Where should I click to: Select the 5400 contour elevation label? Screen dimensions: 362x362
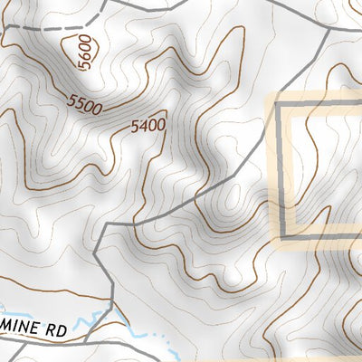click(x=148, y=127)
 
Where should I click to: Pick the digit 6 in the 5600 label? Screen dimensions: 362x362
click(x=84, y=61)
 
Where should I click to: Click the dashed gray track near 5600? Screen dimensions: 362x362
click(x=36, y=29)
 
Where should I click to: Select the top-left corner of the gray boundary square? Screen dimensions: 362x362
click(x=279, y=107)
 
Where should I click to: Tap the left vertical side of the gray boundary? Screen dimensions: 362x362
click(x=279, y=172)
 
